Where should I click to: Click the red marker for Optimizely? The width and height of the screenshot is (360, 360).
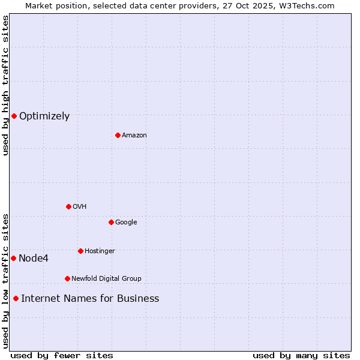click(x=14, y=116)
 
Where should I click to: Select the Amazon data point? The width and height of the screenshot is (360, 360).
click(x=118, y=135)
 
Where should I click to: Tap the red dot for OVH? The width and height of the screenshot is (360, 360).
click(x=68, y=206)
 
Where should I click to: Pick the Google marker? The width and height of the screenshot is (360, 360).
click(x=111, y=222)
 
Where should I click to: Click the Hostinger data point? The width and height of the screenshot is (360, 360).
click(x=80, y=251)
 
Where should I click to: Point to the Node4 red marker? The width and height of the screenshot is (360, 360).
click(x=13, y=258)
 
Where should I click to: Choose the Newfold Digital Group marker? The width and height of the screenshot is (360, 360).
click(x=67, y=278)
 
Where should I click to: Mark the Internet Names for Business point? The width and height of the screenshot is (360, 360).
click(x=16, y=298)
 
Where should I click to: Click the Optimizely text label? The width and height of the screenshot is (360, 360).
click(x=44, y=116)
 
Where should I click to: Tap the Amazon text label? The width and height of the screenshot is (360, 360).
click(x=134, y=135)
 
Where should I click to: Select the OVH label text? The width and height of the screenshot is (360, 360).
click(x=80, y=206)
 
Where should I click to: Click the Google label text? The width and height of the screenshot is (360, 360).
click(x=126, y=222)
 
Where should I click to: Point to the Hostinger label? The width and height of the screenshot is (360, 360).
click(x=100, y=251)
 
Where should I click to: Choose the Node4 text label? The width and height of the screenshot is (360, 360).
click(x=34, y=259)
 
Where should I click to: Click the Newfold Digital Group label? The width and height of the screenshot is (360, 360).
click(x=106, y=278)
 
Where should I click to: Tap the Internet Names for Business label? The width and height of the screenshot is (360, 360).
click(x=90, y=299)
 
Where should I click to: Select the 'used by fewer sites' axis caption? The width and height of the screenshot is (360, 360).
click(x=62, y=355)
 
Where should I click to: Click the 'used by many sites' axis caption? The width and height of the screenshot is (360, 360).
click(x=301, y=355)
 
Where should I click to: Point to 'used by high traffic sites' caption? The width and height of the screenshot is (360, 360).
click(x=5, y=85)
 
